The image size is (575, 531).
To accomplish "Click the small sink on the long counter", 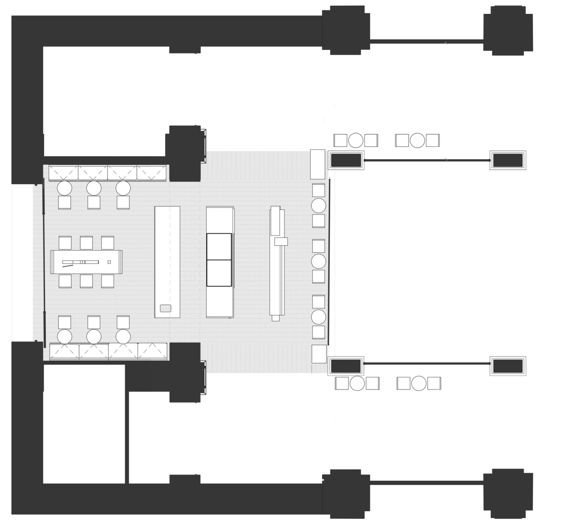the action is coord(166,308).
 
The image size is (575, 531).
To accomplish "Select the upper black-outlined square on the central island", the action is coord(219,247).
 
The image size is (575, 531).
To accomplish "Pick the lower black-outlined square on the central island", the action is coord(219,273).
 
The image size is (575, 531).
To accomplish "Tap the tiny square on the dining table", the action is coord(109,262).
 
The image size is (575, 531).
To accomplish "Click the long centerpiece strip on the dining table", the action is coord(80,262).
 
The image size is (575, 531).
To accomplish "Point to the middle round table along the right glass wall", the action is coord(319,261).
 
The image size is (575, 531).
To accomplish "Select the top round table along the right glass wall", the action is coord(319,206).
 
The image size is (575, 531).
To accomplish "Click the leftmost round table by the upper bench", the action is coord(65,188).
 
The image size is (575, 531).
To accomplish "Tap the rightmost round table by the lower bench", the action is coord(123,337).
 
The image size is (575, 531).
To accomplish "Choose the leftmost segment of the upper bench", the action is coord(63,173).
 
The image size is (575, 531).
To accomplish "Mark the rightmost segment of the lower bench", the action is coord(152,351).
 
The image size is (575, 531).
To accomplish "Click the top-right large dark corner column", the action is coord(508,30).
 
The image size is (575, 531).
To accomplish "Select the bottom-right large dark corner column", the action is coord(508,494).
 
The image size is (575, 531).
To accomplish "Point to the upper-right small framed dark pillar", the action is coord(508,160).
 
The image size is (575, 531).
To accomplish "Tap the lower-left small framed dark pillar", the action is coord(346,366).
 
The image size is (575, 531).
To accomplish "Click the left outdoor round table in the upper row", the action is coord(356,140).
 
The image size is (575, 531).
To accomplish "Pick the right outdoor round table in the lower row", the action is coord(419,384).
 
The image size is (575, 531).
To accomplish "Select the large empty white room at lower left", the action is coord(84,424).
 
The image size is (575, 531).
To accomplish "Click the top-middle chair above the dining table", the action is coord(86,243).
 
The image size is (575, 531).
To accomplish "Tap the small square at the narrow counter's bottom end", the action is coord(275,318).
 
